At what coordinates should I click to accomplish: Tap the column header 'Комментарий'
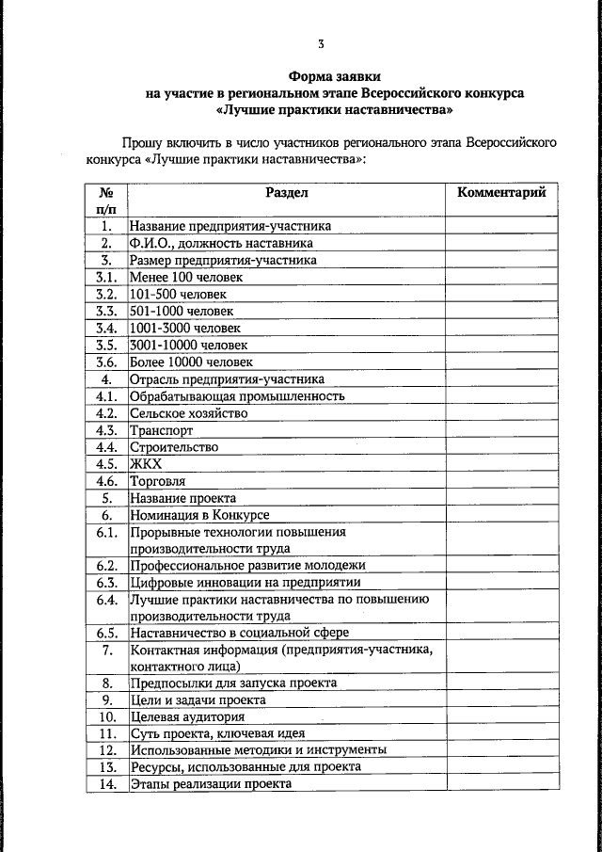click(x=500, y=193)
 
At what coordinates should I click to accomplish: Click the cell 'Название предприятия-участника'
click(x=230, y=226)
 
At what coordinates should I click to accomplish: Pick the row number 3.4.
click(x=106, y=328)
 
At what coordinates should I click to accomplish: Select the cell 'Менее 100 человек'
click(x=186, y=277)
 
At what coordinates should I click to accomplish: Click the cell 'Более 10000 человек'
click(x=191, y=362)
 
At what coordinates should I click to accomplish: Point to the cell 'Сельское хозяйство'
click(x=189, y=412)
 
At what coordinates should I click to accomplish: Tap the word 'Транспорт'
click(x=161, y=429)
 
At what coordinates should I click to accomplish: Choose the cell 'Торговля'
click(x=157, y=480)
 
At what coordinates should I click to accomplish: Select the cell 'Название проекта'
click(x=183, y=497)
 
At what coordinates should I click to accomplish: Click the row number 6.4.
click(x=106, y=606)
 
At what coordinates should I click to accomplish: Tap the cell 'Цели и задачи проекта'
click(x=198, y=700)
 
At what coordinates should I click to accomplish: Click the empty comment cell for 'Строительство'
click(x=500, y=446)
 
